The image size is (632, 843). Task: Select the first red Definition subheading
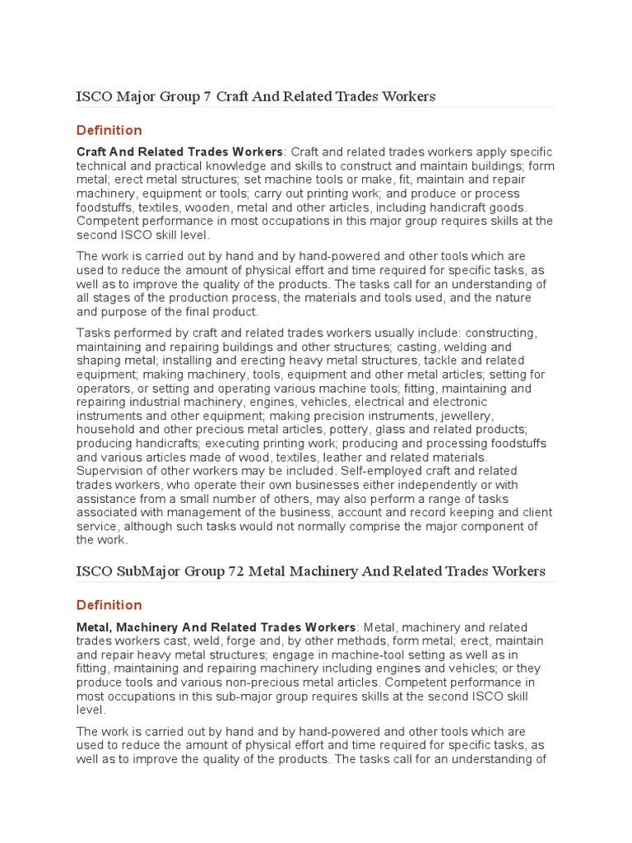(109, 130)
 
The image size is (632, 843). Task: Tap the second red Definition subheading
(109, 605)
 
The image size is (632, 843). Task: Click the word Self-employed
(346, 471)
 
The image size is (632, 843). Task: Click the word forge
(244, 641)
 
